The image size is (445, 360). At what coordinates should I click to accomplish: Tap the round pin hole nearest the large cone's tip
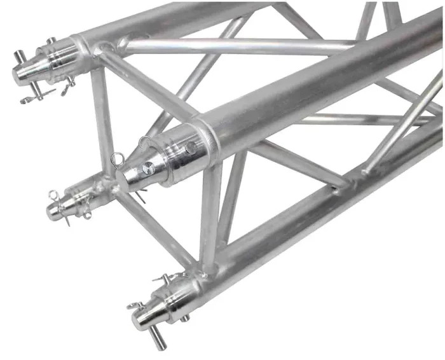(147, 168)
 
